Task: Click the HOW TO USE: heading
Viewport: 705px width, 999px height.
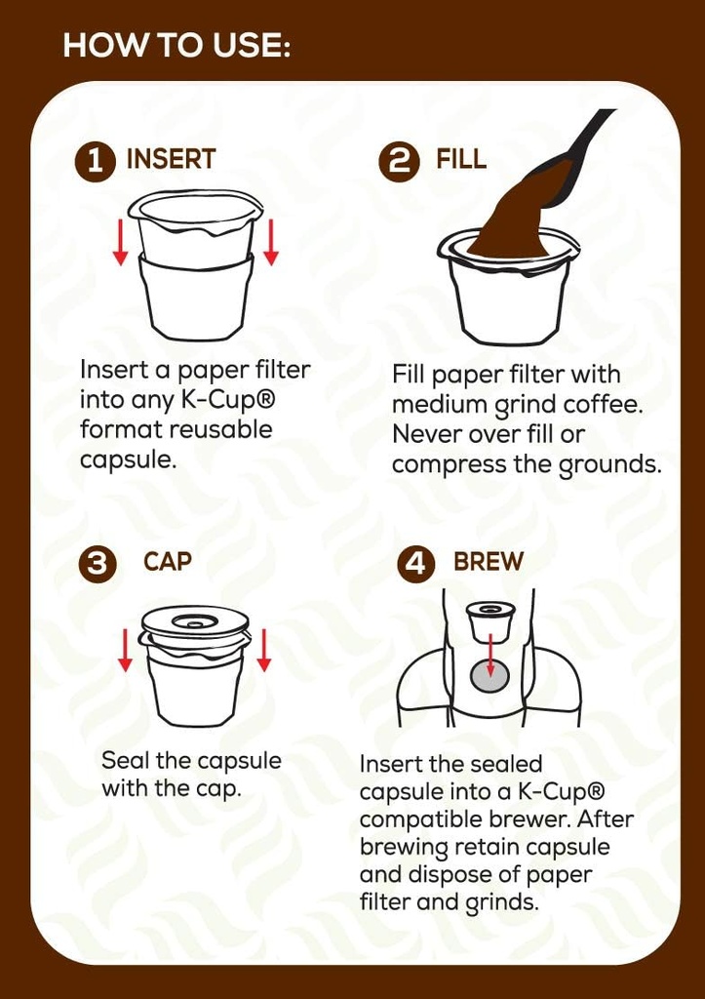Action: (176, 46)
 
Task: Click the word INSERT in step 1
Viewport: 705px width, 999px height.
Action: (172, 160)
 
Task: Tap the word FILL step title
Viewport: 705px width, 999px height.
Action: (461, 160)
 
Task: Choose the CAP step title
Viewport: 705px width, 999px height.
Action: (168, 562)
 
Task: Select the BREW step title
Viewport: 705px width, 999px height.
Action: (489, 562)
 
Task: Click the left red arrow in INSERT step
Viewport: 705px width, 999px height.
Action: (120, 243)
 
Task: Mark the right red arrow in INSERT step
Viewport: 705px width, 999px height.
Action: (270, 243)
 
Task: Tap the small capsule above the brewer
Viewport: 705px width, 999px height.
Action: (490, 619)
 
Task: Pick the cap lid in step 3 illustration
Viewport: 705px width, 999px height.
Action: (194, 621)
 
